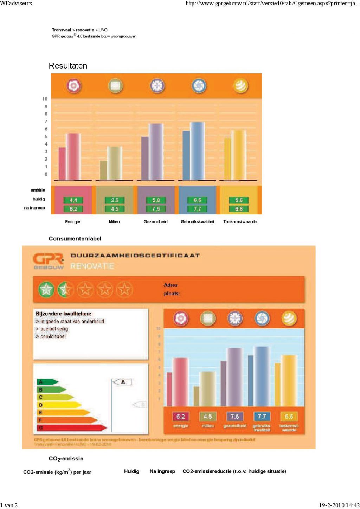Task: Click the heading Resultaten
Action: tap(68, 66)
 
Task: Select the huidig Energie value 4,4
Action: tap(73, 200)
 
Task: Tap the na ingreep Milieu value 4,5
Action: tap(115, 209)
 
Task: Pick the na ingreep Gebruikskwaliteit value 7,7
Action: tap(197, 209)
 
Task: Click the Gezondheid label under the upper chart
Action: tap(155, 222)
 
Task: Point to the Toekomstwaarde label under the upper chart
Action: tap(240, 222)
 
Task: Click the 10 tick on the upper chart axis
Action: tap(45, 99)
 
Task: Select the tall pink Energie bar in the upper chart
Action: tap(73, 156)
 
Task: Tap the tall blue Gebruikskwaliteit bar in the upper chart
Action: tap(198, 151)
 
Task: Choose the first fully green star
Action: tap(46, 289)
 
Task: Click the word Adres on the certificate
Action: tap(171, 285)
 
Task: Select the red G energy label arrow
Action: tap(70, 428)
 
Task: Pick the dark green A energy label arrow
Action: tap(47, 382)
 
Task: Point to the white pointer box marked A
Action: tap(123, 382)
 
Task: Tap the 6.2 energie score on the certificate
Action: tap(180, 417)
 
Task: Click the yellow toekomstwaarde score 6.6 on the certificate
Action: tap(289, 417)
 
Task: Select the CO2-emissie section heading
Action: tap(66, 459)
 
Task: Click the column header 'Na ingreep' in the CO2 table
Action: tap(162, 471)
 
